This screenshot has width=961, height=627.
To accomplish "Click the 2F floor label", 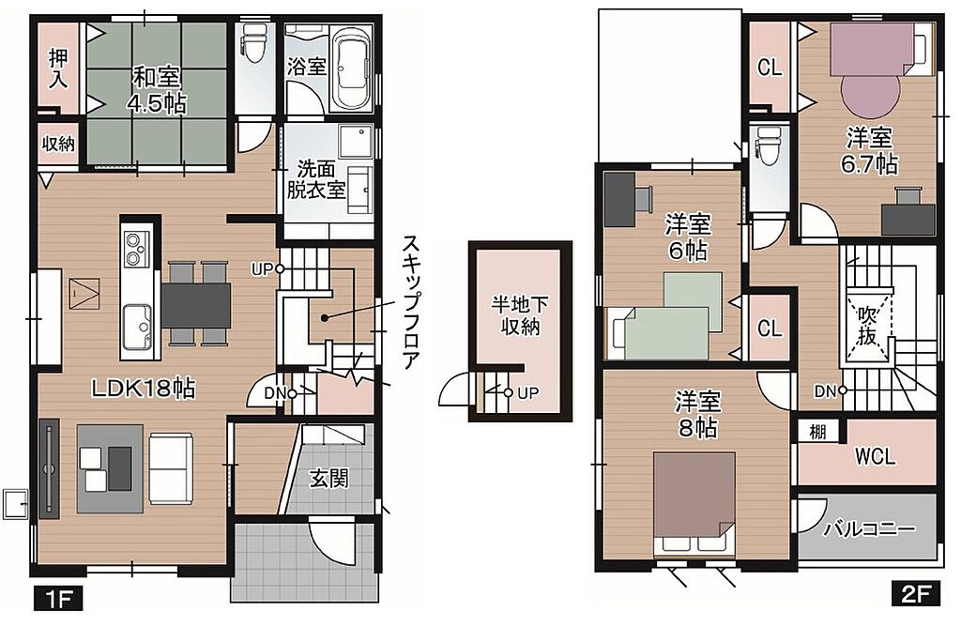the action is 915,594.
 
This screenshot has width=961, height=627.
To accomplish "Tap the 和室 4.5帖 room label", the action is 157,90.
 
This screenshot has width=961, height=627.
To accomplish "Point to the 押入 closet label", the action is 58,68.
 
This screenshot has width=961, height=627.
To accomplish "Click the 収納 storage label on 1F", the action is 58,144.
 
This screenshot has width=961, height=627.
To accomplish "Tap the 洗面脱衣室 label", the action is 316,179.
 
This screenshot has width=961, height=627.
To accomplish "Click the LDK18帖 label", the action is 144,388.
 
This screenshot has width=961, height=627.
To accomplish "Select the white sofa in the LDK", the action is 171,469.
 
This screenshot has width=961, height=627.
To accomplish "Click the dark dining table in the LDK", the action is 195,305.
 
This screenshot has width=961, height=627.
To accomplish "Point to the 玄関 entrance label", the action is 328,478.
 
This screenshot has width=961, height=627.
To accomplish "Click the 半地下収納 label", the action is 519,315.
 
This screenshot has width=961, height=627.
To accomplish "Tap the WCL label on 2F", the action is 875,456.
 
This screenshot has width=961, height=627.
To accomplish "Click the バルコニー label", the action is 869,528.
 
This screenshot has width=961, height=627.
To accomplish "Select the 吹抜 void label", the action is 866,327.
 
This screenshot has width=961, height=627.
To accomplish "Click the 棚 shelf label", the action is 817,432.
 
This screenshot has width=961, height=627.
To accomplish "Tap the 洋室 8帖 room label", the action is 698,414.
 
